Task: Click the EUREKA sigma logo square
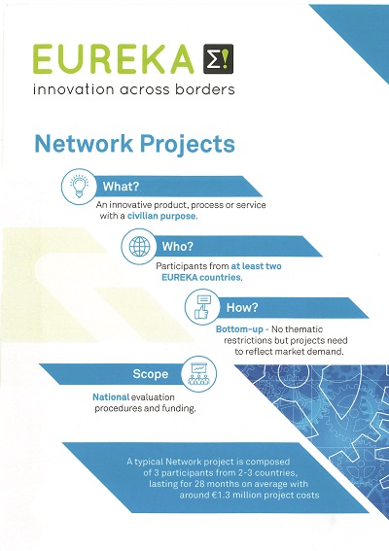218,58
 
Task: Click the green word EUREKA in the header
114,59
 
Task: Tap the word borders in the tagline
205,88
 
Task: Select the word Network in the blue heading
84,144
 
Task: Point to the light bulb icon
79,186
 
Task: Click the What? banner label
121,187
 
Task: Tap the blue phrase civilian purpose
162,216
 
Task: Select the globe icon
139,246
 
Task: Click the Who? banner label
178,246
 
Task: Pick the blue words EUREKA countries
202,277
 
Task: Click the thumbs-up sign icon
202,307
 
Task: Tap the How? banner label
242,307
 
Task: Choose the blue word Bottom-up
239,329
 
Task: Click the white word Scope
150,374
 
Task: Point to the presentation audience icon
198,373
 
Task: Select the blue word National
111,397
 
